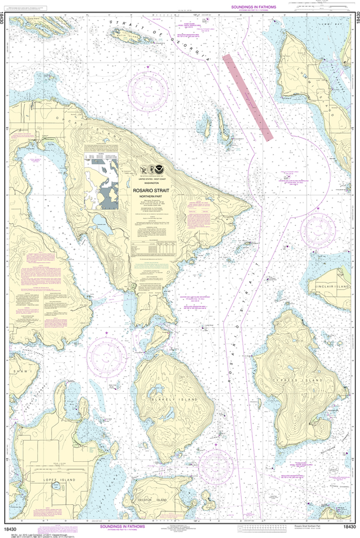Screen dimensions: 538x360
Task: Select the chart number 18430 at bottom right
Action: (x=350, y=527)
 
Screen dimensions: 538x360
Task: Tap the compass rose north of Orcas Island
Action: (x=148, y=86)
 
